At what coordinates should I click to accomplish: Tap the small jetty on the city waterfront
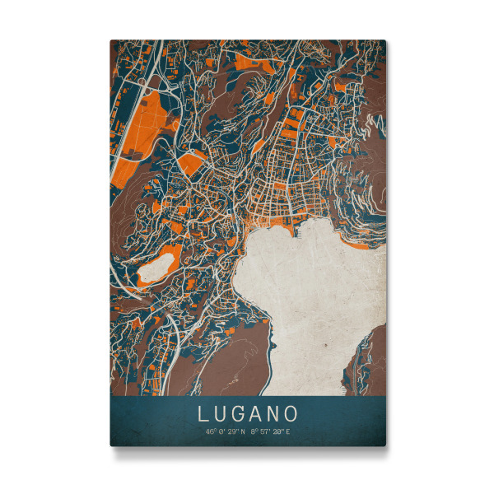coord(294,231)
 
